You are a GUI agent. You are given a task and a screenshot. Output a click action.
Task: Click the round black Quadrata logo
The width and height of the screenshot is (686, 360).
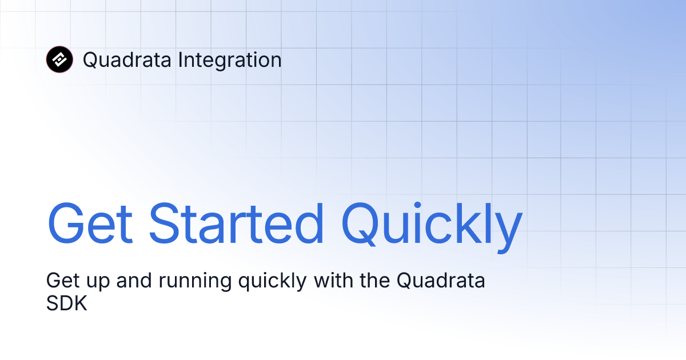59,59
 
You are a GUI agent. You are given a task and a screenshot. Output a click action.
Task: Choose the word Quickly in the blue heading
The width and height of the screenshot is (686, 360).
432,223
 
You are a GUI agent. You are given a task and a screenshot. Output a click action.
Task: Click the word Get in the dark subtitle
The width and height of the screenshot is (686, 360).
62,281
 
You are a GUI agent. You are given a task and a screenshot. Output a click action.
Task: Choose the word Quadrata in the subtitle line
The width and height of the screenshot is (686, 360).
441,281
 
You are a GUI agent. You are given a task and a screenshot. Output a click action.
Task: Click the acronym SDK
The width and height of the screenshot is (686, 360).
66,303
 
